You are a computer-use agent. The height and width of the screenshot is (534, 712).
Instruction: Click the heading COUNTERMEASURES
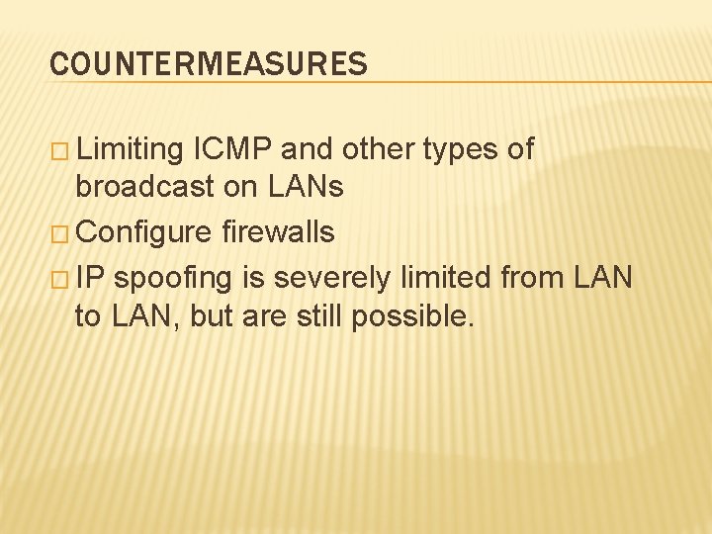(x=209, y=64)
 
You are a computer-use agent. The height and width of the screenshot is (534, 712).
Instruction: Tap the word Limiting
(x=130, y=150)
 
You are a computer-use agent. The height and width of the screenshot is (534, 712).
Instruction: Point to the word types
(x=460, y=150)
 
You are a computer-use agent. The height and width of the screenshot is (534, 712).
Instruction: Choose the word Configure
(x=143, y=233)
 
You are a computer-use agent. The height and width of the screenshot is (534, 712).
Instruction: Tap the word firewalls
(x=278, y=232)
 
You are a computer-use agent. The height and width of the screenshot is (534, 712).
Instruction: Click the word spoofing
(x=172, y=279)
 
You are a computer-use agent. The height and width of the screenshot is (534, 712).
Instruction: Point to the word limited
(x=447, y=278)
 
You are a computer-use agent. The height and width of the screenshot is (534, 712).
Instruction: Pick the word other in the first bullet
(x=380, y=150)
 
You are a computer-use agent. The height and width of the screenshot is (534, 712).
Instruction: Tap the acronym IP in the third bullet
(x=89, y=278)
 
